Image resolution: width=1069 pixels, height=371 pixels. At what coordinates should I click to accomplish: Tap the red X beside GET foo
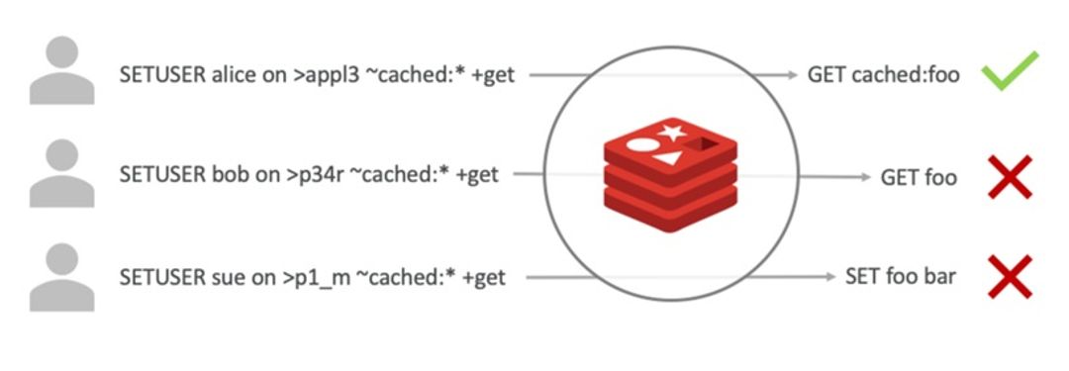coord(1010,177)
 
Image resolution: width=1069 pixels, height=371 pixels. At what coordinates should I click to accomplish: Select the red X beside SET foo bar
coord(1010,276)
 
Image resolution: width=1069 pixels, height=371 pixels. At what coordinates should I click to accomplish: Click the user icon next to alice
coord(62,70)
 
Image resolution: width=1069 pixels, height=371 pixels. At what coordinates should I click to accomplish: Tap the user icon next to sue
coord(62,276)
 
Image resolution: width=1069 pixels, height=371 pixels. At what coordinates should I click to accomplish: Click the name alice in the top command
coord(235,75)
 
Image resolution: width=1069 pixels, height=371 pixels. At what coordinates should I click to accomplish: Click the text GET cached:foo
coord(883,74)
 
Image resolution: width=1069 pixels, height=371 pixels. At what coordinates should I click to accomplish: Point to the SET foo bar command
coord(900,276)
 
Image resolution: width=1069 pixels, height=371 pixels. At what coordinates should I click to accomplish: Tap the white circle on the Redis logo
coord(642,147)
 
